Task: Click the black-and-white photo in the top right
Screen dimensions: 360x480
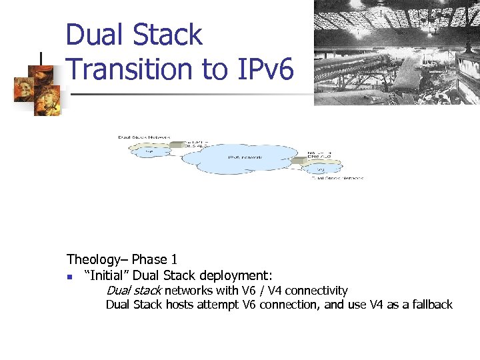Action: [397, 52]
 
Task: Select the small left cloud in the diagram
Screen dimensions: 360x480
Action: [149, 151]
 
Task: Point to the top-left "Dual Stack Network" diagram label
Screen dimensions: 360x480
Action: [143, 137]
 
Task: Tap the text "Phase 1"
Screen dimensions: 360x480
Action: [155, 259]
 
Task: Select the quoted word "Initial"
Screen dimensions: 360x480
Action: [106, 275]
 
